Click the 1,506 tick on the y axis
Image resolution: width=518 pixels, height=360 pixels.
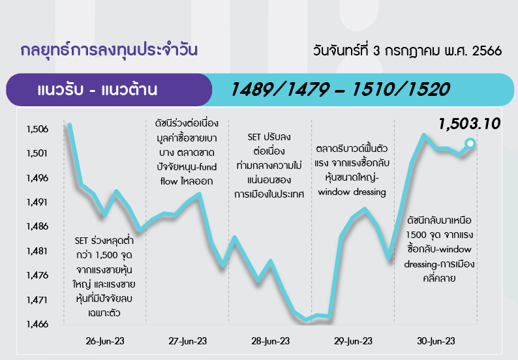[x=37, y=129]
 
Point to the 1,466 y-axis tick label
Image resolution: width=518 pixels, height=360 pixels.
[x=37, y=324]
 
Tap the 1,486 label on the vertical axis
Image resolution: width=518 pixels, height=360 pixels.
[x=37, y=226]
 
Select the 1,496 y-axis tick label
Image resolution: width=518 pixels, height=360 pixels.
[x=37, y=178]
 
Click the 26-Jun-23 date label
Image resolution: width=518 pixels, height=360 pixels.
[x=105, y=341]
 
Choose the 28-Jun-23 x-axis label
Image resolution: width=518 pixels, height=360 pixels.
[x=271, y=341]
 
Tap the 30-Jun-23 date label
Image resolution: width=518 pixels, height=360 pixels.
[x=436, y=341]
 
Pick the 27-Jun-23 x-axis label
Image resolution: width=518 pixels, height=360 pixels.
[x=188, y=341]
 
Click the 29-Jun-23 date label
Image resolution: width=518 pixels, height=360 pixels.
[x=353, y=341]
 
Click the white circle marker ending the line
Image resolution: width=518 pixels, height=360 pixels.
[x=470, y=143]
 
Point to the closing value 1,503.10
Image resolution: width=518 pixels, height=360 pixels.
[x=470, y=124]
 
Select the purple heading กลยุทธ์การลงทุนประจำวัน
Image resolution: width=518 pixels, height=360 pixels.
[x=109, y=50]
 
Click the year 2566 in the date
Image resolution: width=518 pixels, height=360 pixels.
[x=487, y=51]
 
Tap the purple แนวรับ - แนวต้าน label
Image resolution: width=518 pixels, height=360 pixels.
[x=97, y=90]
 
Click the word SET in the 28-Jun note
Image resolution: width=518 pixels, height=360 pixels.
[x=254, y=137]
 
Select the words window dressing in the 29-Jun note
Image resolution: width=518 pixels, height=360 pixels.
[x=352, y=192]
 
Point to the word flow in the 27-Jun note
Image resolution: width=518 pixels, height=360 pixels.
[x=169, y=181]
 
